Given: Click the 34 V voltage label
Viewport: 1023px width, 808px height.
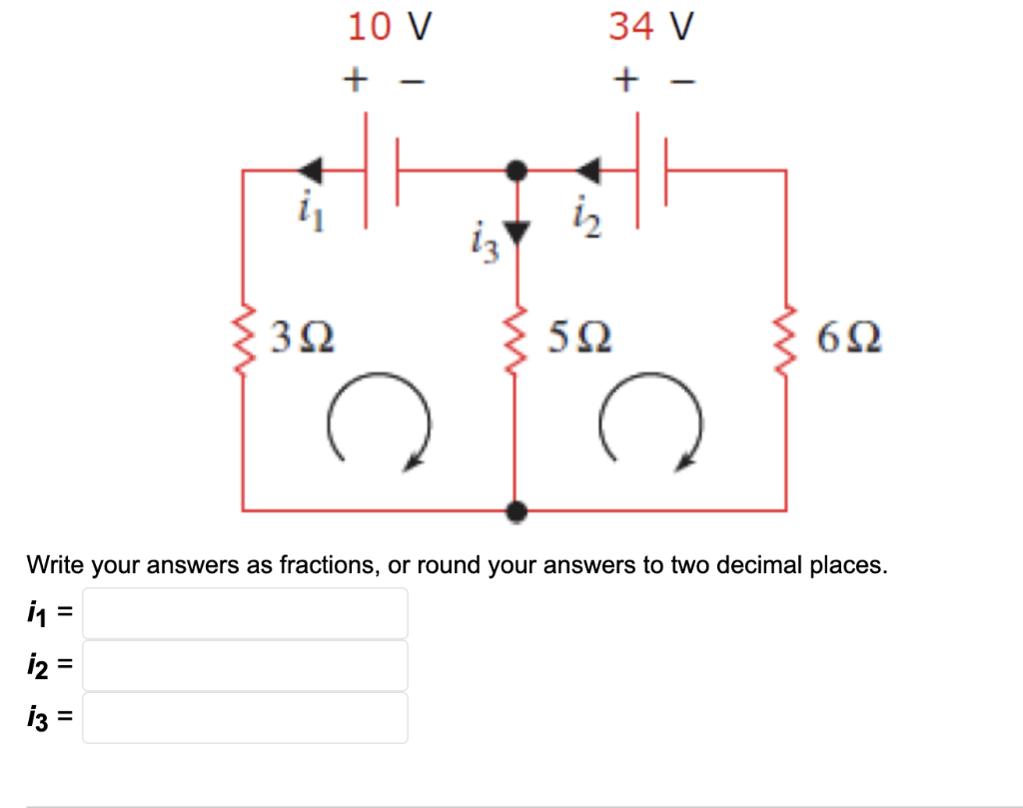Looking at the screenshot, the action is pos(650,26).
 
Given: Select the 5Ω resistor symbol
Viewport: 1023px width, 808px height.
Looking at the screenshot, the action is pos(514,341).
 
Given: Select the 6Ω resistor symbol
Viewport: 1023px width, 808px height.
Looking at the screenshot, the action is pos(786,341).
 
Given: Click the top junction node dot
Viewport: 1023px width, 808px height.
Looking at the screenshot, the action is pos(515,171).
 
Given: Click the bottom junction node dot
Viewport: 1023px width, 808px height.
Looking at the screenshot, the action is pos(515,511).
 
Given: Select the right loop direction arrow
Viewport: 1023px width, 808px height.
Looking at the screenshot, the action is pos(648,420).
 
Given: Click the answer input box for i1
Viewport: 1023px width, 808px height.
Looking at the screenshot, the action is pos(245,613).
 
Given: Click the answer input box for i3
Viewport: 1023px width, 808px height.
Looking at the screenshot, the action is pos(245,717).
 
